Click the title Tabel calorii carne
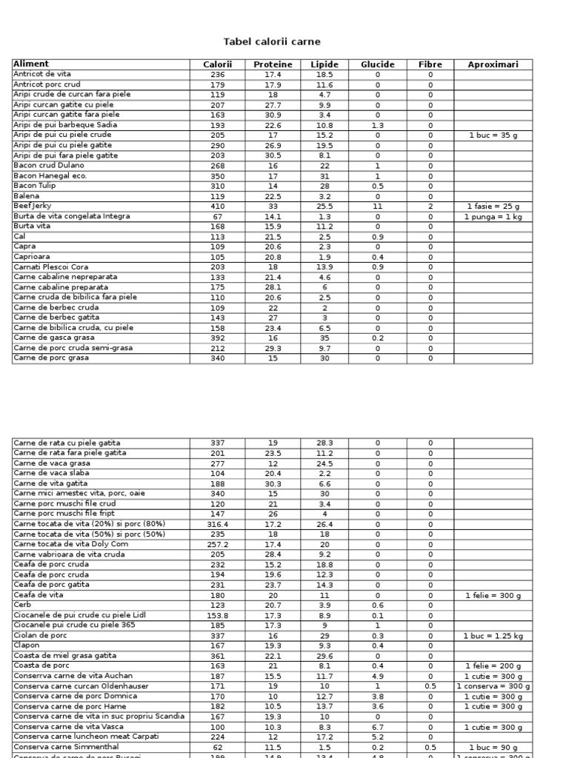point(272,42)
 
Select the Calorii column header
point(217,64)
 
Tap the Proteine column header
point(273,64)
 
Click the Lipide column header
point(325,64)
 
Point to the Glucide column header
point(377,64)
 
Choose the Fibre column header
point(430,64)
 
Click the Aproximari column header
point(493,64)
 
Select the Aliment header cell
point(31,64)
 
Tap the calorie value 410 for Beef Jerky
point(217,207)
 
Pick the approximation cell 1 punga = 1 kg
point(493,216)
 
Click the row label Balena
point(27,196)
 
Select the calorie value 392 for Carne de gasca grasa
point(217,338)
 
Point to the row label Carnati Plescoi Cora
point(50,266)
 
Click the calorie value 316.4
point(217,523)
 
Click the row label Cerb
point(22,604)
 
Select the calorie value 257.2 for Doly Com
point(217,544)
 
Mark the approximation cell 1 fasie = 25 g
point(493,207)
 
